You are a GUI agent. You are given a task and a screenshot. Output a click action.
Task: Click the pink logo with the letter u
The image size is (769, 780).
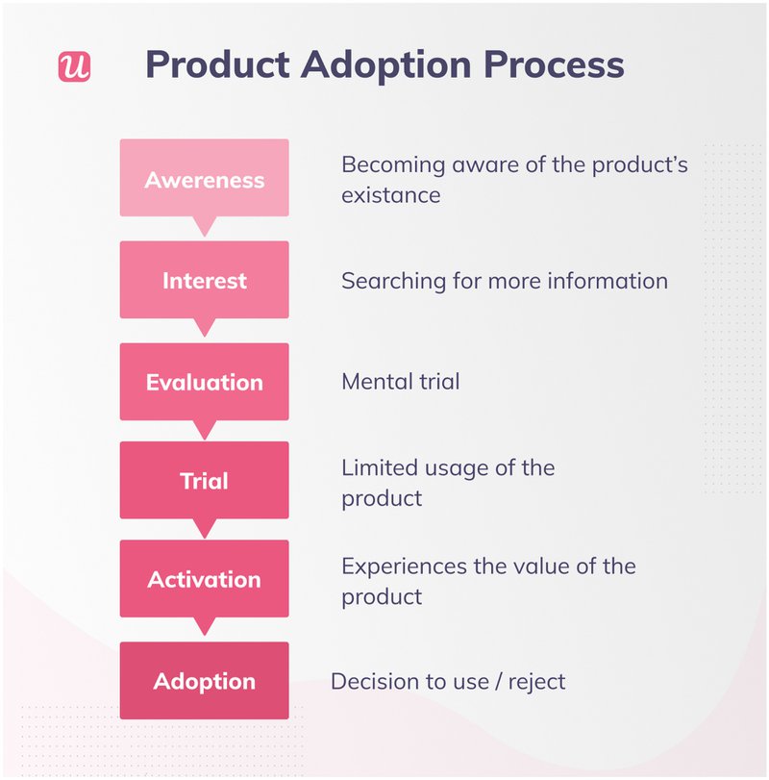tap(74, 65)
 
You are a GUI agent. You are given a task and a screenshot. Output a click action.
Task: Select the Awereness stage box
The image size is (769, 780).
tap(204, 179)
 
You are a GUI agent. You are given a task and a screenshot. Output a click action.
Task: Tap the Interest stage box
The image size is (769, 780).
tap(204, 281)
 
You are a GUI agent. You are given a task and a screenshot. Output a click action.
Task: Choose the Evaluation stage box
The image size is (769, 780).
tap(204, 382)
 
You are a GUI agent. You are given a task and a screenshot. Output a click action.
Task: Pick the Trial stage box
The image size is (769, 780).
tap(204, 481)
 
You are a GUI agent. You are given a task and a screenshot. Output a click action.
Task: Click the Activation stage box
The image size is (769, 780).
tap(204, 579)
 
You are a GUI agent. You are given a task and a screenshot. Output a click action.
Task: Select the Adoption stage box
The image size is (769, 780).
tap(204, 681)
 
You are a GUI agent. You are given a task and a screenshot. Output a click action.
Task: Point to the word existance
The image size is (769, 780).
tap(390, 195)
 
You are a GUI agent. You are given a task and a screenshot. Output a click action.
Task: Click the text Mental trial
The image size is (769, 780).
tap(400, 382)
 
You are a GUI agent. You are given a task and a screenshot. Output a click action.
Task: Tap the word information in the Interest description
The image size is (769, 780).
tap(608, 281)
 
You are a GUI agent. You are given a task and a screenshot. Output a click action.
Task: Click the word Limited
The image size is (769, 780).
tap(379, 468)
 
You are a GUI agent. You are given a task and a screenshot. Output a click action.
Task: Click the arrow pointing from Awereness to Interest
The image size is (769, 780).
tap(204, 227)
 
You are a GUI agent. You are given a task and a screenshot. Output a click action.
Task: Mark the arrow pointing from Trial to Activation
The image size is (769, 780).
tap(204, 529)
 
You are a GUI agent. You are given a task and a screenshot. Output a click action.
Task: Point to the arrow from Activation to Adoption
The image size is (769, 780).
tap(204, 628)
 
